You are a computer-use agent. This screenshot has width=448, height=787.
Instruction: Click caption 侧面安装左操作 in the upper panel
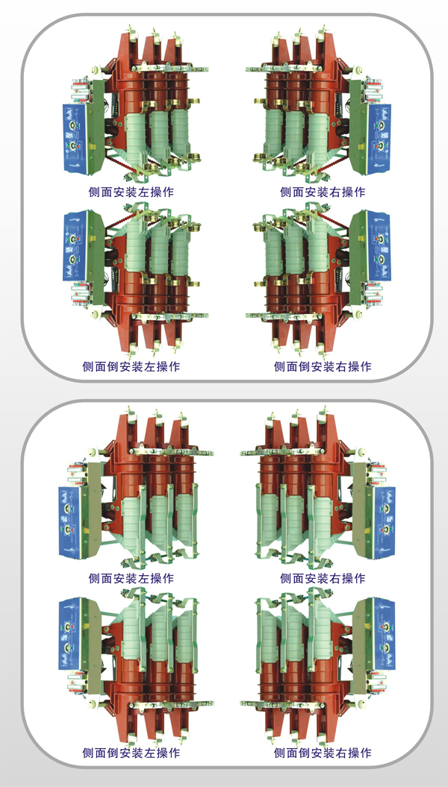(x=131, y=192)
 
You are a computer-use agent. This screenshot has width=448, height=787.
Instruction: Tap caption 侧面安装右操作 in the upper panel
(x=323, y=192)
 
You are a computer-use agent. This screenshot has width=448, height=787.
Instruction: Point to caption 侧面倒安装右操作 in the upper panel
(x=323, y=366)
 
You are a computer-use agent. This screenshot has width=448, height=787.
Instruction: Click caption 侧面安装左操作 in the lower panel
(x=131, y=578)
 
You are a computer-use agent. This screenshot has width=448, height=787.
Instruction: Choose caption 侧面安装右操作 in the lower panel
(x=323, y=578)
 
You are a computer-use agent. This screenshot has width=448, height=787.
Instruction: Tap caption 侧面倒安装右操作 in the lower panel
(x=323, y=753)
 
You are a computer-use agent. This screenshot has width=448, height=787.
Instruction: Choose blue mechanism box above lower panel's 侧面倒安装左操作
(x=75, y=630)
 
